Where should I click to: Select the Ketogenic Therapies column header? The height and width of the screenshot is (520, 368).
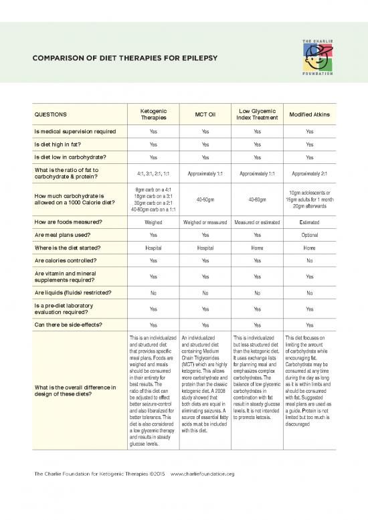pyautogui.click(x=154, y=113)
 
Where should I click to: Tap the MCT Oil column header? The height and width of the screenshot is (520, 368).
pyautogui.click(x=205, y=113)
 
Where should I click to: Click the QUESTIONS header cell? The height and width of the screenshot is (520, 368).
pyautogui.click(x=45, y=113)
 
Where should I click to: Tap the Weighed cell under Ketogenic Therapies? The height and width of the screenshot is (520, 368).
pyautogui.click(x=154, y=221)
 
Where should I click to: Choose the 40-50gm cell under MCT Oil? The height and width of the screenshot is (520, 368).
pyautogui.click(x=205, y=199)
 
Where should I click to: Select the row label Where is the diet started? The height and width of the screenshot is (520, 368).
pyautogui.click(x=64, y=248)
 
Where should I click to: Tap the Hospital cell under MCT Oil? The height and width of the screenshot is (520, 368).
pyautogui.click(x=205, y=248)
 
